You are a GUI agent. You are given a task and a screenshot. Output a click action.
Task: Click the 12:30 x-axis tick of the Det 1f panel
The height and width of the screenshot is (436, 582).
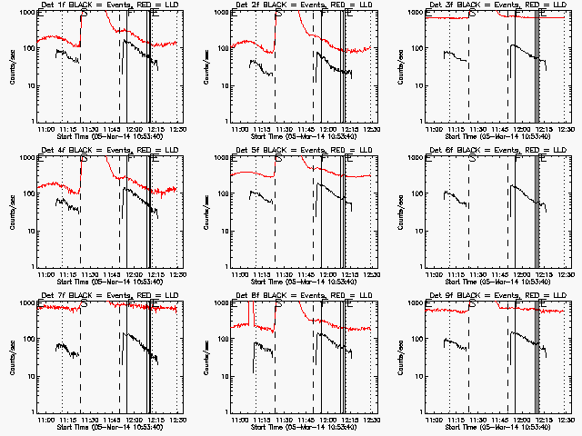[x=180, y=129]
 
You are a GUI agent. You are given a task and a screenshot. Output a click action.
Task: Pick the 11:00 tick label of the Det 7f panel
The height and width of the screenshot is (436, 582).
[x=44, y=420]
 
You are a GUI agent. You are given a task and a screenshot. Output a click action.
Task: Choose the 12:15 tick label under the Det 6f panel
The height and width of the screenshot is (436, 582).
[x=543, y=274]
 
